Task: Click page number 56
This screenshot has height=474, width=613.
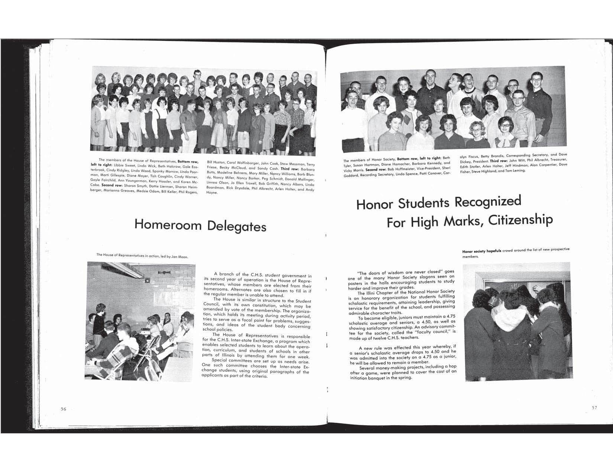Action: coord(63,409)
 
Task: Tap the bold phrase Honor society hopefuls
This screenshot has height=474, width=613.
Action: coord(481,251)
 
